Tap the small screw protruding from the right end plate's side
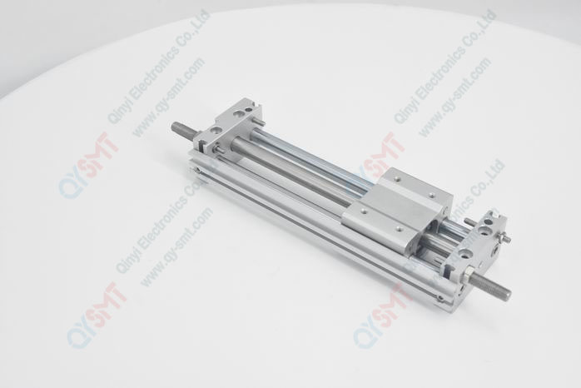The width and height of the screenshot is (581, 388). pyautogui.click(x=508, y=240)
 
